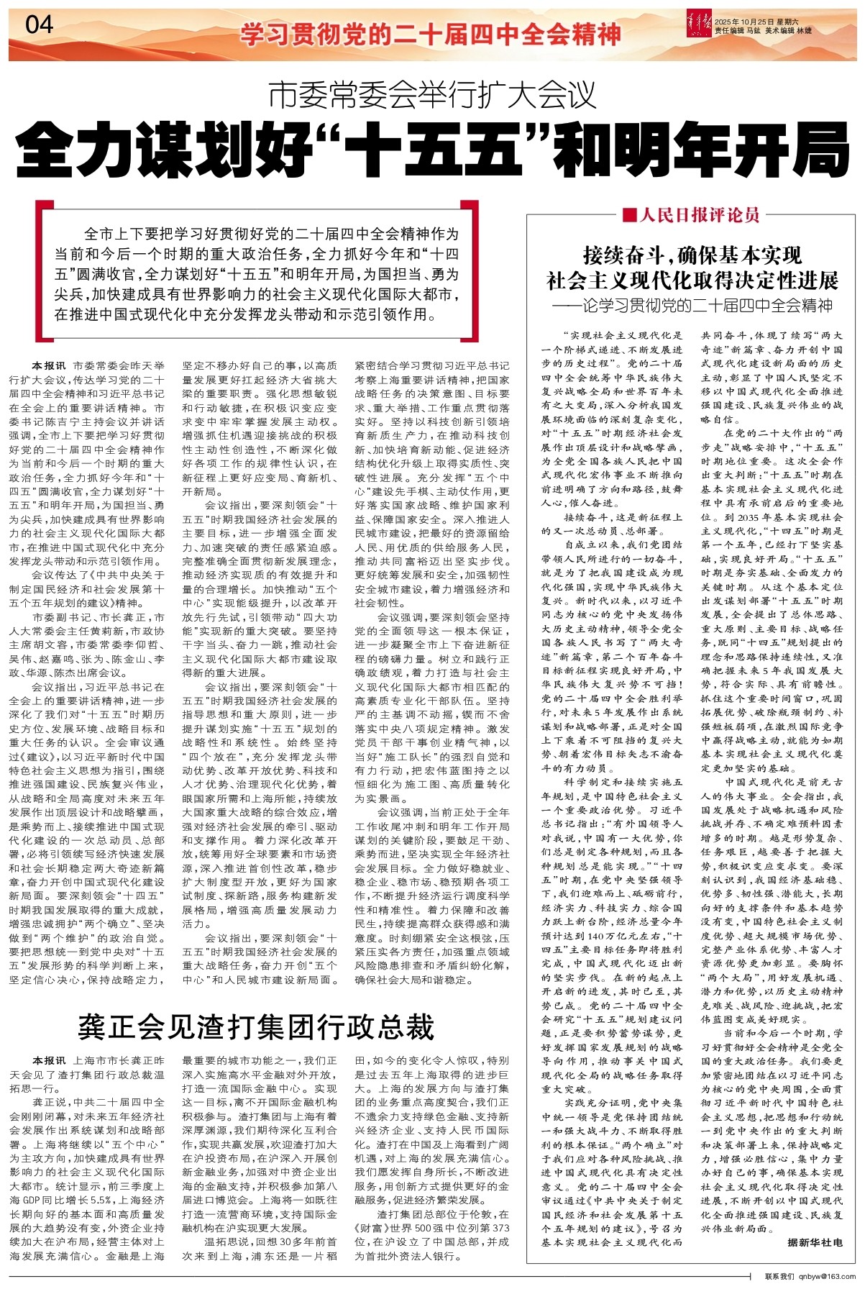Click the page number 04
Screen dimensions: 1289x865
click(39, 25)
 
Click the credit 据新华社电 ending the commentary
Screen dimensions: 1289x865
click(814, 1242)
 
